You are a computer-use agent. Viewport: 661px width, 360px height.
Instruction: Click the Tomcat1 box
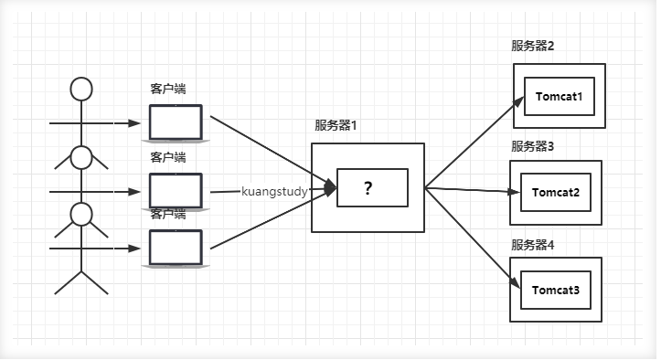(560, 96)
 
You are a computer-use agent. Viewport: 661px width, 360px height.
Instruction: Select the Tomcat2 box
(556, 193)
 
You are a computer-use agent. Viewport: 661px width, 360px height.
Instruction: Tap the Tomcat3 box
(556, 290)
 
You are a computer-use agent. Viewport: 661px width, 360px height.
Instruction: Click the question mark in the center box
(368, 188)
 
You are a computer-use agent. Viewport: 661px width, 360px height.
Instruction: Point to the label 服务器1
(336, 126)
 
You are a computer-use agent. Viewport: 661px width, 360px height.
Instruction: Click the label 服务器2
(533, 47)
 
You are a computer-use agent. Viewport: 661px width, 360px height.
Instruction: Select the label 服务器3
(533, 146)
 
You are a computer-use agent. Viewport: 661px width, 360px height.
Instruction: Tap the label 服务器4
(533, 245)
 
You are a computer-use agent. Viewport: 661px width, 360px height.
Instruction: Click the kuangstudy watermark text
(275, 192)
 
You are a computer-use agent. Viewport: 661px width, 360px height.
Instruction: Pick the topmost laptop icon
(176, 122)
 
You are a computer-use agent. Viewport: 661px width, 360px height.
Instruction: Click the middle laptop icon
(176, 189)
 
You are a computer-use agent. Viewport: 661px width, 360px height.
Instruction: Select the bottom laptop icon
(176, 247)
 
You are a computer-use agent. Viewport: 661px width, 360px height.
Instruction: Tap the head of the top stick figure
(82, 89)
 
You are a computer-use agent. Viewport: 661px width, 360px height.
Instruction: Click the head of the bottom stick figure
(82, 215)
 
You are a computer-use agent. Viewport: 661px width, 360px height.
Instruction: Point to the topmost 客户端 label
(168, 90)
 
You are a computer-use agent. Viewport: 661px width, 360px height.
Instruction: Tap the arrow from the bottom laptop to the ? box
(271, 220)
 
